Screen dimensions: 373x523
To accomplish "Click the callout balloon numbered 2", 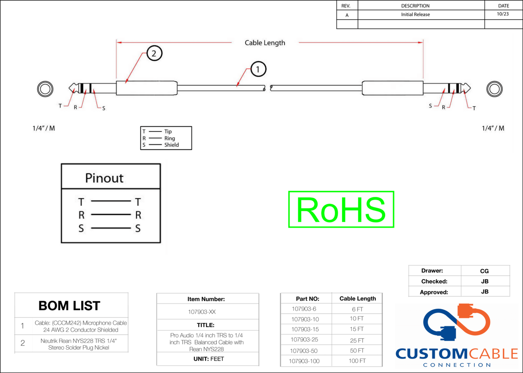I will click(154, 54).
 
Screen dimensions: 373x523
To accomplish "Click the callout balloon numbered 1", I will click(258, 69).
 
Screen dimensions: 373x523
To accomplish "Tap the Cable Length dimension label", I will click(265, 43).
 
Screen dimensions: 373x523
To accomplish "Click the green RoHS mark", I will click(341, 209).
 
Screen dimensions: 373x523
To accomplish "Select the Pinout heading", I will click(104, 178).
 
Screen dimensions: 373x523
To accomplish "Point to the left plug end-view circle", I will click(45, 89).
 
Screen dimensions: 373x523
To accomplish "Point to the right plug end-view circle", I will click(494, 89).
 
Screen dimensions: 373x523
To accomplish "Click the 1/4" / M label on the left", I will click(44, 128).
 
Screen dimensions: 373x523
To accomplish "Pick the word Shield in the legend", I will click(171, 145).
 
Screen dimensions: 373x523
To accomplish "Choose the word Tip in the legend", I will click(168, 131).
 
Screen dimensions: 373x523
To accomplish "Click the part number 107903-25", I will click(304, 340).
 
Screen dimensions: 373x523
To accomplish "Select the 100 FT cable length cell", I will click(357, 361).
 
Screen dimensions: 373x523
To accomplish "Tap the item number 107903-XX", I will click(202, 311).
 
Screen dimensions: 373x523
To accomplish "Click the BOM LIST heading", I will click(69, 306).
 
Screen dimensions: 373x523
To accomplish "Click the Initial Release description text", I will click(415, 14).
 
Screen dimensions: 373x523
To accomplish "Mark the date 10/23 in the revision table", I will click(502, 14).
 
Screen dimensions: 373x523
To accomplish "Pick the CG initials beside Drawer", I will click(484, 271).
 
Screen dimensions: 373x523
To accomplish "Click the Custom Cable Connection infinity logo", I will click(457, 322).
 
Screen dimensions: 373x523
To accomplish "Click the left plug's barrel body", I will click(147, 88).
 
